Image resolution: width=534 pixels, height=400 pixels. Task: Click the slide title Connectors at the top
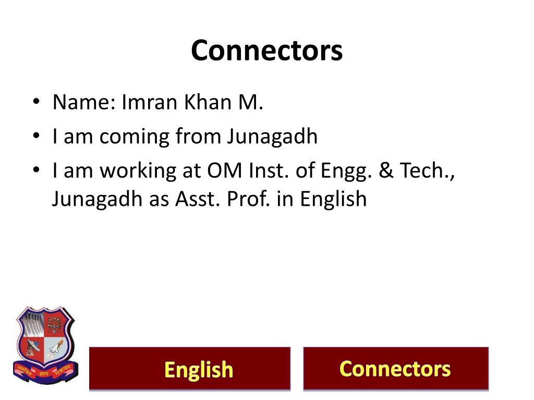(266, 51)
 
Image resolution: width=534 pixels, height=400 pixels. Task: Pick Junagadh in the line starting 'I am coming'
(272, 137)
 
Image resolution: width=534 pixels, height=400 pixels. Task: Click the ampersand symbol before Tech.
(386, 171)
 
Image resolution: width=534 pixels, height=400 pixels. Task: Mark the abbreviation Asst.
(195, 199)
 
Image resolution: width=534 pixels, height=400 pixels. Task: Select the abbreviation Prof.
(245, 199)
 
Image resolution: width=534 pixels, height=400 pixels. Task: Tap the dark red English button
(190, 369)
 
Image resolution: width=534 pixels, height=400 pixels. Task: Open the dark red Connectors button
(396, 369)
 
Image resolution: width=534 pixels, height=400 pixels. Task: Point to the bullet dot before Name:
(35, 103)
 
